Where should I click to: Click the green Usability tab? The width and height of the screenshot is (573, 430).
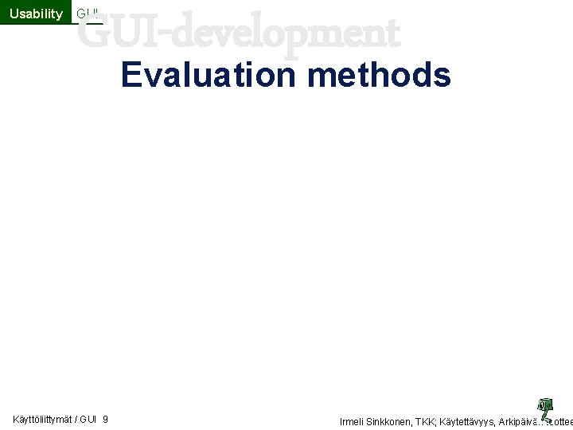(36, 13)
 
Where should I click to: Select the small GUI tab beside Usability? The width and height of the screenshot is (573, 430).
(88, 13)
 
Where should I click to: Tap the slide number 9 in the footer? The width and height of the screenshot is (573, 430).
(106, 420)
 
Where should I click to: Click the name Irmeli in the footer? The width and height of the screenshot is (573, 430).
(353, 421)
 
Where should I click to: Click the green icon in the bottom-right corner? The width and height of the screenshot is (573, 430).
(545, 407)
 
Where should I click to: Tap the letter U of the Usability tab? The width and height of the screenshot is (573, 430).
(14, 13)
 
